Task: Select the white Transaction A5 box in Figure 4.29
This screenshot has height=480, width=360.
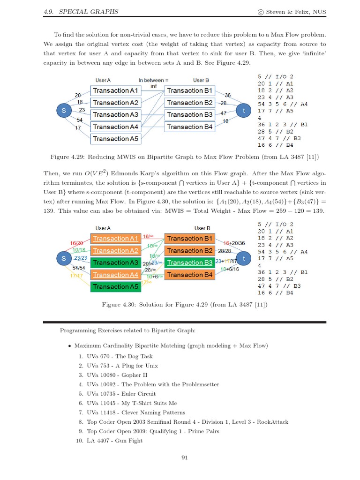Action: (x=115, y=139)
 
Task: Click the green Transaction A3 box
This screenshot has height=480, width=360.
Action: (x=115, y=262)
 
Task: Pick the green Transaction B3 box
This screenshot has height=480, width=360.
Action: (x=189, y=262)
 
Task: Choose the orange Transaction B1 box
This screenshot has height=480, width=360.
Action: (x=189, y=239)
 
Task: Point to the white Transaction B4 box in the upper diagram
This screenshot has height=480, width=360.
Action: (x=189, y=127)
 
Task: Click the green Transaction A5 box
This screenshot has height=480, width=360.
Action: (x=115, y=286)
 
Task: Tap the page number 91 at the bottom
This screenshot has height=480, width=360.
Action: (x=184, y=458)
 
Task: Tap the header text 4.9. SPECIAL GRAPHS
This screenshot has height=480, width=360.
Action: (x=81, y=11)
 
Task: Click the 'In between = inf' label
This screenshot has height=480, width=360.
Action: (x=153, y=83)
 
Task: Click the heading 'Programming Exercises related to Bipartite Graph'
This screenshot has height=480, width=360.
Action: (x=127, y=330)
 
